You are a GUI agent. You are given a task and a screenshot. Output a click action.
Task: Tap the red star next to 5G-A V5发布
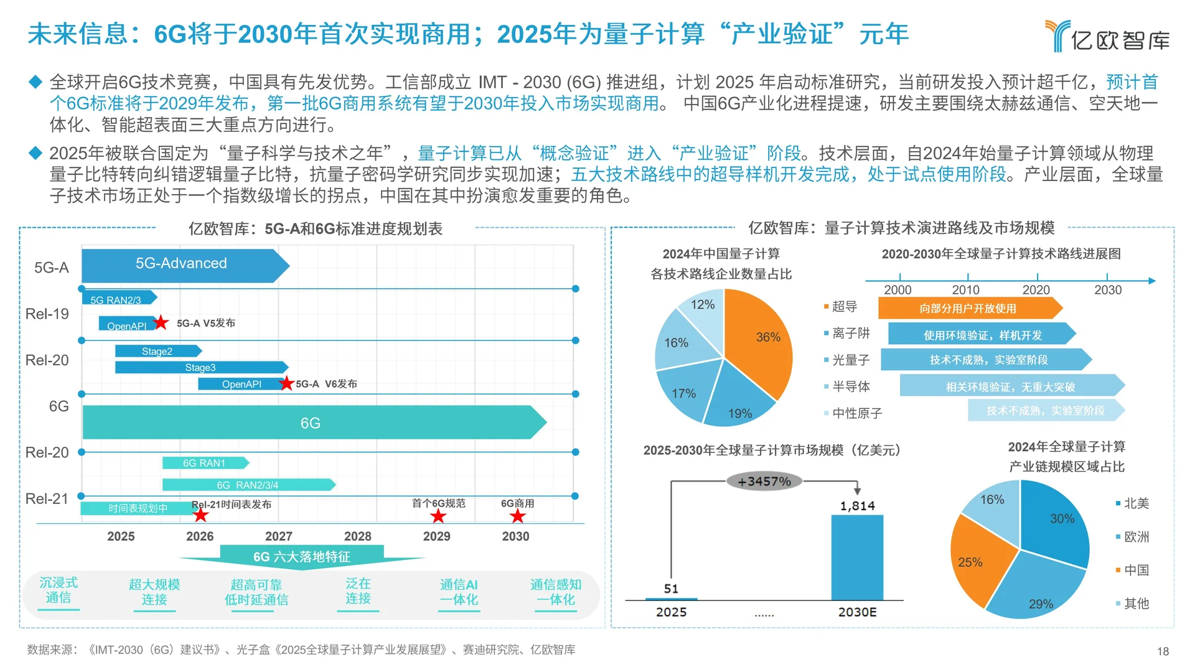(x=161, y=322)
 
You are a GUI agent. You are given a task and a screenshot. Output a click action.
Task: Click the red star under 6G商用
(x=517, y=516)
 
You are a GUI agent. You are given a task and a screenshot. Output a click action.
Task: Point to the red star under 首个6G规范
(x=438, y=516)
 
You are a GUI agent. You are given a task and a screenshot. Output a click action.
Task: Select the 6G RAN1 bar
(x=204, y=463)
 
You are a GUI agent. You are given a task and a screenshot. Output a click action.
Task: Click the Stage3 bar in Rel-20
(x=200, y=368)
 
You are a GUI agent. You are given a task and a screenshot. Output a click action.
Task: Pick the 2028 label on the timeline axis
(x=357, y=536)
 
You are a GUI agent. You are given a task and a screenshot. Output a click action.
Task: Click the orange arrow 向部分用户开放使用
(x=967, y=308)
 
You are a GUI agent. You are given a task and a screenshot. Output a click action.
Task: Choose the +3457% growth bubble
(x=764, y=481)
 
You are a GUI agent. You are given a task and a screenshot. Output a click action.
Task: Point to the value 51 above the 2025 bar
(x=671, y=589)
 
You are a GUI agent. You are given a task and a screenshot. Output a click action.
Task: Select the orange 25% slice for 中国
(x=974, y=560)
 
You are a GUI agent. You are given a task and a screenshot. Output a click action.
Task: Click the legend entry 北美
(x=1135, y=503)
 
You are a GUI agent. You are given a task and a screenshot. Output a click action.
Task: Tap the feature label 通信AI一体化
(x=459, y=592)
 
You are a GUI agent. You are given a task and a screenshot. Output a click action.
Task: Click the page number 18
(x=1163, y=651)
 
